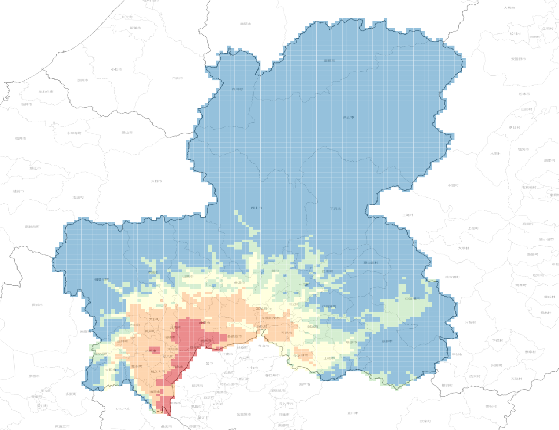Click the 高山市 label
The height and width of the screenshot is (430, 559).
[348, 117]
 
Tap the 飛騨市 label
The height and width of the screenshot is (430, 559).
[329, 61]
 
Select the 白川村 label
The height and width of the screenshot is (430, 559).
[237, 89]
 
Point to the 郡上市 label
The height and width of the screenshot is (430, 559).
[257, 208]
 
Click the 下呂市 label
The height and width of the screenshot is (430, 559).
[335, 209]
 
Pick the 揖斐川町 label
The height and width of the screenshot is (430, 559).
[101, 279]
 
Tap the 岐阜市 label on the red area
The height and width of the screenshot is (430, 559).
[205, 323]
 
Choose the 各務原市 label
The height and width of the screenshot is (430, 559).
[235, 336]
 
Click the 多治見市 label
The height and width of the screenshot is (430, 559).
[300, 356]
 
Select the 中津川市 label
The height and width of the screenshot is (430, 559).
[412, 299]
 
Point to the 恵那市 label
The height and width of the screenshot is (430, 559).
[387, 341]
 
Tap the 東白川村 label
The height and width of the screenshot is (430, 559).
[371, 263]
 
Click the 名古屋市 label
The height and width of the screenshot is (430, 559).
[244, 414]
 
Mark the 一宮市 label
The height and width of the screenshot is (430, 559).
[207, 363]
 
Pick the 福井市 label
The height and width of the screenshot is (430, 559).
[21, 138]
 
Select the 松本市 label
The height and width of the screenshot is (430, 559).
[524, 94]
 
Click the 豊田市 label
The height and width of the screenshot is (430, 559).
[353, 413]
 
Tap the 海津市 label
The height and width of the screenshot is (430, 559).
[155, 392]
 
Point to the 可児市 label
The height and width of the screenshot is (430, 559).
[286, 333]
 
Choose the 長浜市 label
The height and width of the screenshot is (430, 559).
[37, 305]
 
